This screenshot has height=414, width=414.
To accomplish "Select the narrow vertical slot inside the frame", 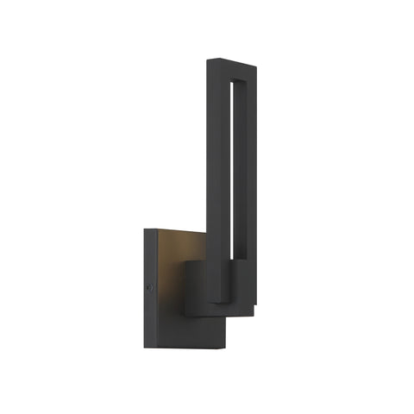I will click(x=236, y=172).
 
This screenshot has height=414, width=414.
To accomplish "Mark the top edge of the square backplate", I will click(x=172, y=230).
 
